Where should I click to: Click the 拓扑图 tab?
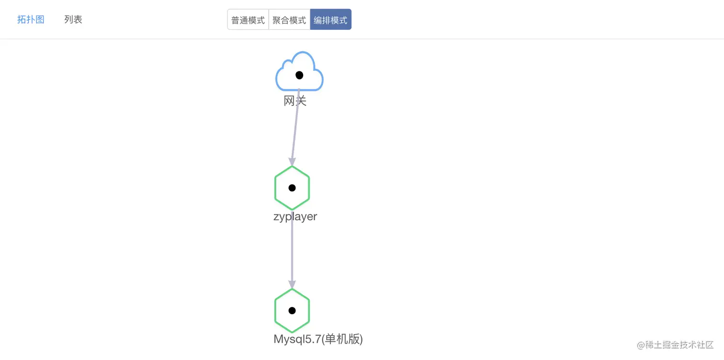click(x=31, y=20)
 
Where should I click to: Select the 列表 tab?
click(x=73, y=20)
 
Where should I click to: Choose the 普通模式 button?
click(x=248, y=20)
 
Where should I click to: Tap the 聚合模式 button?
click(x=289, y=20)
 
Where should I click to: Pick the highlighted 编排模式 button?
click(x=330, y=20)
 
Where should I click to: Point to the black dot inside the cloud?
click(x=299, y=75)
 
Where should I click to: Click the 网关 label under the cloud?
click(x=295, y=101)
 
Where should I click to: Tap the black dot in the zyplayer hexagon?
click(x=292, y=188)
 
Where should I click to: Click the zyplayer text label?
click(x=295, y=216)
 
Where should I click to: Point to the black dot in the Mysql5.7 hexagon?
click(x=292, y=311)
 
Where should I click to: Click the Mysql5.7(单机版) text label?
click(x=318, y=339)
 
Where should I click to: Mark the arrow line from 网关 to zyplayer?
click(x=295, y=129)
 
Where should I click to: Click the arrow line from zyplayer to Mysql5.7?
click(x=292, y=254)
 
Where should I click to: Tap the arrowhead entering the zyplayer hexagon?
click(x=292, y=162)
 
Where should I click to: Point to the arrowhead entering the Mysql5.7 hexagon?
click(x=292, y=284)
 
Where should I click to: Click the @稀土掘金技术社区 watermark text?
click(x=675, y=345)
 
